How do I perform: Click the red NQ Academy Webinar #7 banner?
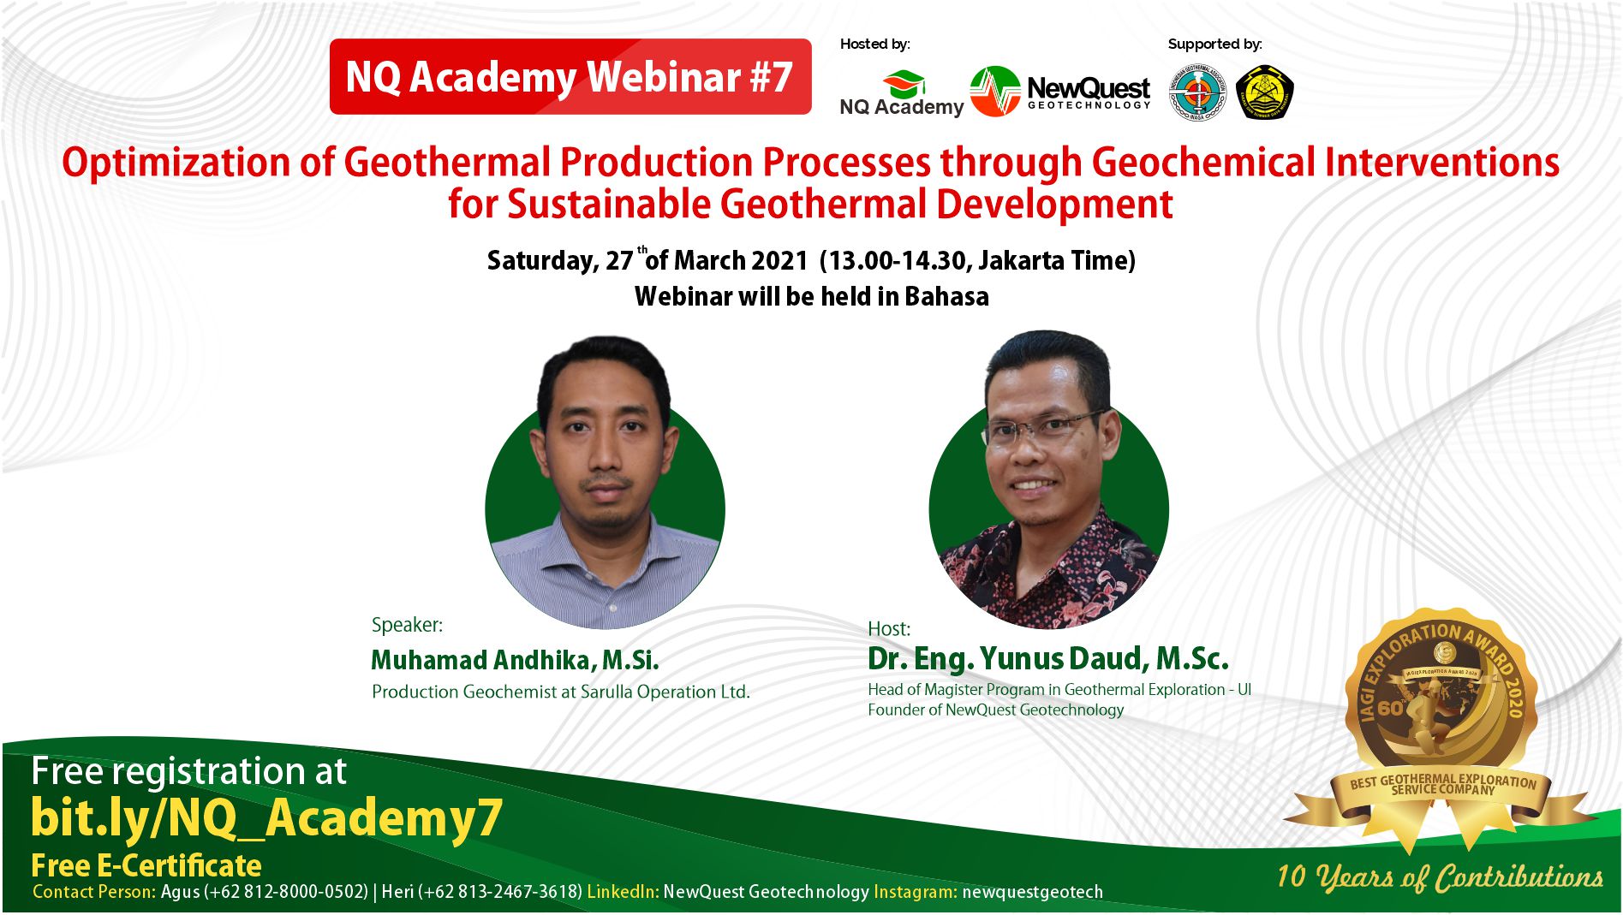point(570,77)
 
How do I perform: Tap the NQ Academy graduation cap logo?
point(904,84)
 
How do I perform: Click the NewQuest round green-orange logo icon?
point(994,92)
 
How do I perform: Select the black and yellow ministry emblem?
point(1264,92)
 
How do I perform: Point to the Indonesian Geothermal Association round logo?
point(1197,92)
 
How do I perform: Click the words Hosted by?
point(874,44)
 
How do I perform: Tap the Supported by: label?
point(1214,44)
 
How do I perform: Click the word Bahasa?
point(946,297)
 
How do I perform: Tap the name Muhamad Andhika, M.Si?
point(515,660)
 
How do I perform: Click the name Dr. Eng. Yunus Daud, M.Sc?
point(1047,658)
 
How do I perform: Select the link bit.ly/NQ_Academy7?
point(266,817)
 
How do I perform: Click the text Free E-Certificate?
point(146,865)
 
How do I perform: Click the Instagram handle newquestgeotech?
point(1032,892)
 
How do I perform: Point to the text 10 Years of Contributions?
point(1439,877)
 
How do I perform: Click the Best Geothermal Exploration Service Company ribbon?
point(1442,784)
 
